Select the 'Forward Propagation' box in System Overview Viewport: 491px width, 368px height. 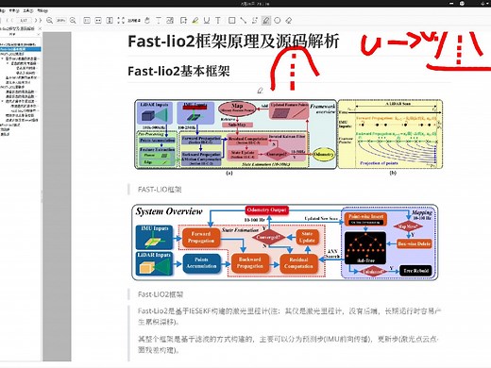[200, 236]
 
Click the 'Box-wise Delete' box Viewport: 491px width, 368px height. [417, 243]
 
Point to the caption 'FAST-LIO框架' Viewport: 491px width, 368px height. [160, 189]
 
